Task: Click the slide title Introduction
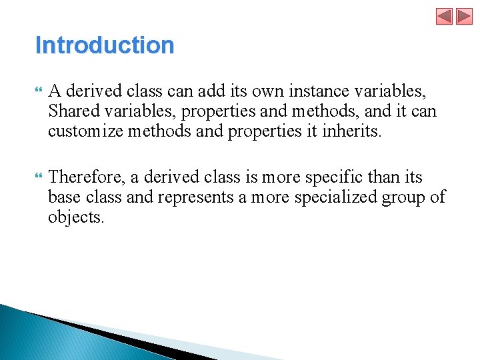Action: [x=105, y=45]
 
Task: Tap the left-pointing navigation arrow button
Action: [x=444, y=16]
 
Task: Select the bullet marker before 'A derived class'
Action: [x=38, y=90]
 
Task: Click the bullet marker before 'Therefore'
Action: [x=38, y=177]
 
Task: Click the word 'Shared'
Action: [x=73, y=111]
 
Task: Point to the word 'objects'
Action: [x=76, y=218]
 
